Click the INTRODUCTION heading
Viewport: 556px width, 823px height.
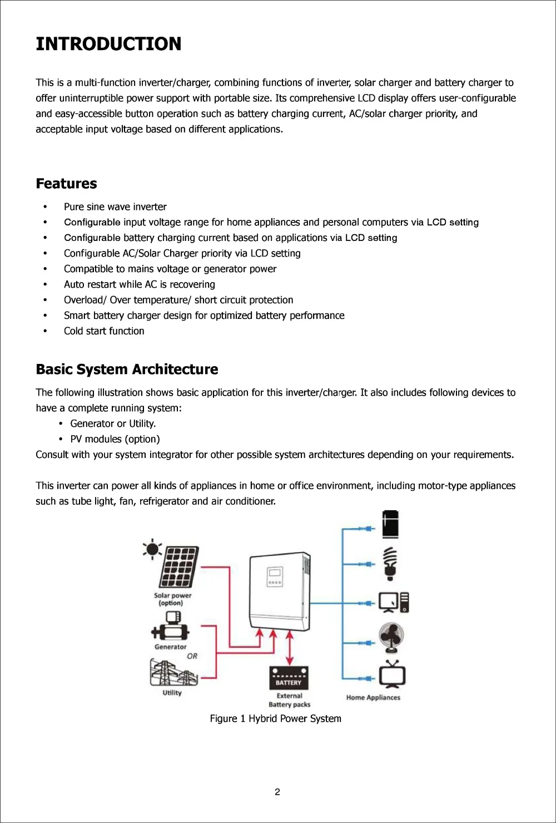pyautogui.click(x=108, y=44)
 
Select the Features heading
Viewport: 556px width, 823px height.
pyautogui.click(x=66, y=184)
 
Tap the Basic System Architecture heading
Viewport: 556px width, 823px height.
pyautogui.click(x=127, y=369)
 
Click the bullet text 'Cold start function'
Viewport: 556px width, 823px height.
pyautogui.click(x=104, y=331)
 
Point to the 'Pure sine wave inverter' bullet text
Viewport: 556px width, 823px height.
pyautogui.click(x=115, y=207)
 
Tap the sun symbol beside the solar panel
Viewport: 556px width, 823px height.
pyautogui.click(x=152, y=550)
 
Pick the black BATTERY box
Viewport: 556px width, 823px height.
pyautogui.click(x=289, y=678)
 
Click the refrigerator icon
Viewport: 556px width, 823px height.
pyautogui.click(x=390, y=524)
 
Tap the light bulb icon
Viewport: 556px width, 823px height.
pyautogui.click(x=391, y=563)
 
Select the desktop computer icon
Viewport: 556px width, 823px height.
pyautogui.click(x=393, y=603)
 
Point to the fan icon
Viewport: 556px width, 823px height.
pyautogui.click(x=391, y=638)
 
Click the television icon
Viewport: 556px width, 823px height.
pyautogui.click(x=392, y=674)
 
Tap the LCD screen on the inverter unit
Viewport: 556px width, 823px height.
pyautogui.click(x=275, y=574)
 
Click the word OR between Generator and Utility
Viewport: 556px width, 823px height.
pyautogui.click(x=192, y=656)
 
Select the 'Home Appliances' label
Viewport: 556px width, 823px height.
pyautogui.click(x=373, y=698)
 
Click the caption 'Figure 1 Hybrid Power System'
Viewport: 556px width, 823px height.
pyautogui.click(x=275, y=719)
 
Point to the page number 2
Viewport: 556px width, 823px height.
pyautogui.click(x=277, y=792)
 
